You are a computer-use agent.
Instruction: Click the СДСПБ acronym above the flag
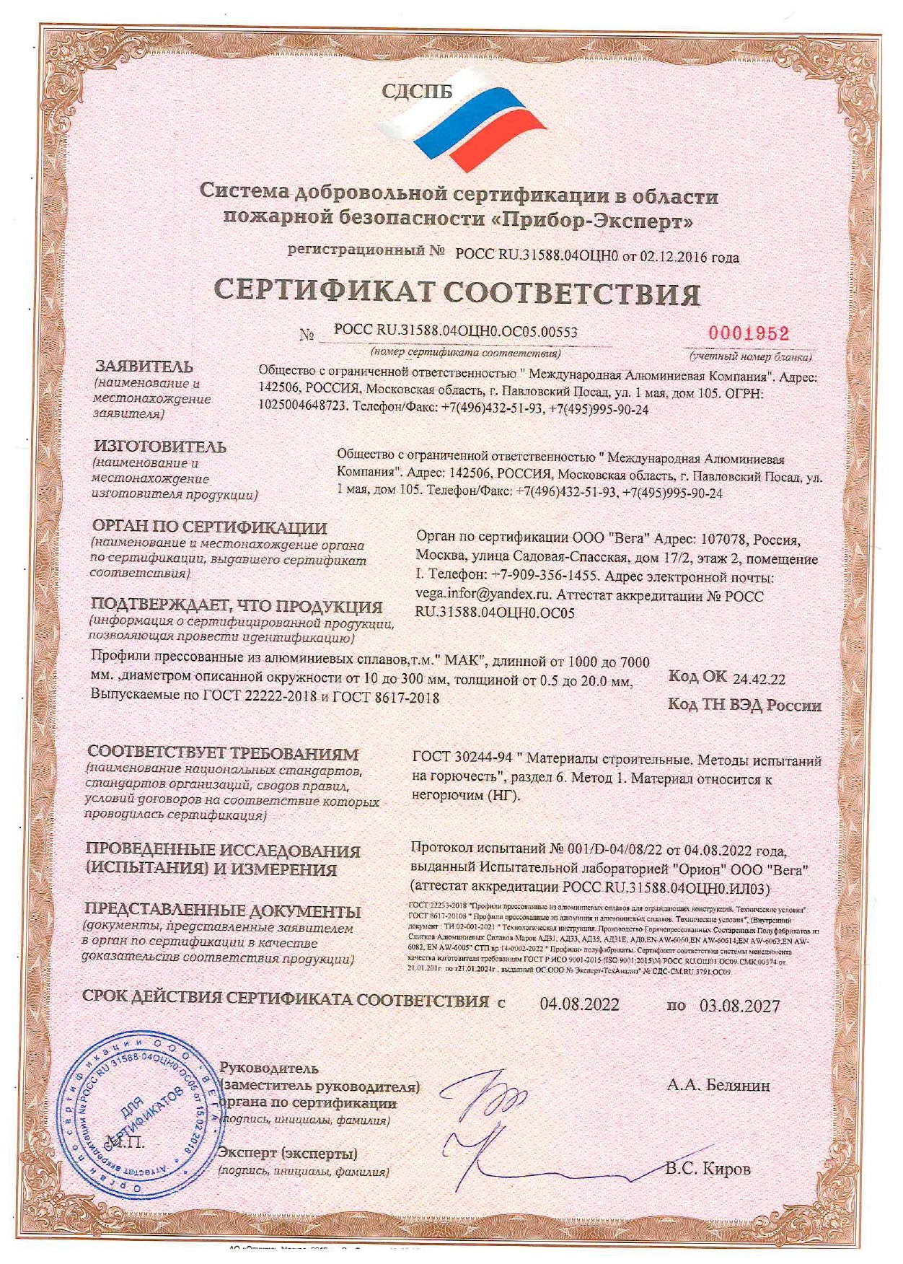tap(416, 92)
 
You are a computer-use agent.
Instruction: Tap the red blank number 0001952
tap(749, 333)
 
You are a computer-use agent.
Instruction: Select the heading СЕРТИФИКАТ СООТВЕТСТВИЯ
tap(457, 292)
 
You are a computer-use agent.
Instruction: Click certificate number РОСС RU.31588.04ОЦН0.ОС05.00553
tap(456, 331)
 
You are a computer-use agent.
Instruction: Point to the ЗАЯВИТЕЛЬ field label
tap(144, 367)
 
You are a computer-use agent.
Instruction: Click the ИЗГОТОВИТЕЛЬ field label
tap(160, 447)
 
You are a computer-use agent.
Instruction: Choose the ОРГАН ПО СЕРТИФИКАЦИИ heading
tap(209, 527)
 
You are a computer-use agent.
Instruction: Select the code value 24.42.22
tap(759, 679)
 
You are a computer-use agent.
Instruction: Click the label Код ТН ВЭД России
tap(744, 705)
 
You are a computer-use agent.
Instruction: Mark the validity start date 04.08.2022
tap(579, 1004)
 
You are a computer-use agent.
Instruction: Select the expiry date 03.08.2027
tap(739, 1006)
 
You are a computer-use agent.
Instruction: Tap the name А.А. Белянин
tap(718, 1085)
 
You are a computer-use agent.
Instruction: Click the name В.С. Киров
tap(708, 1169)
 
